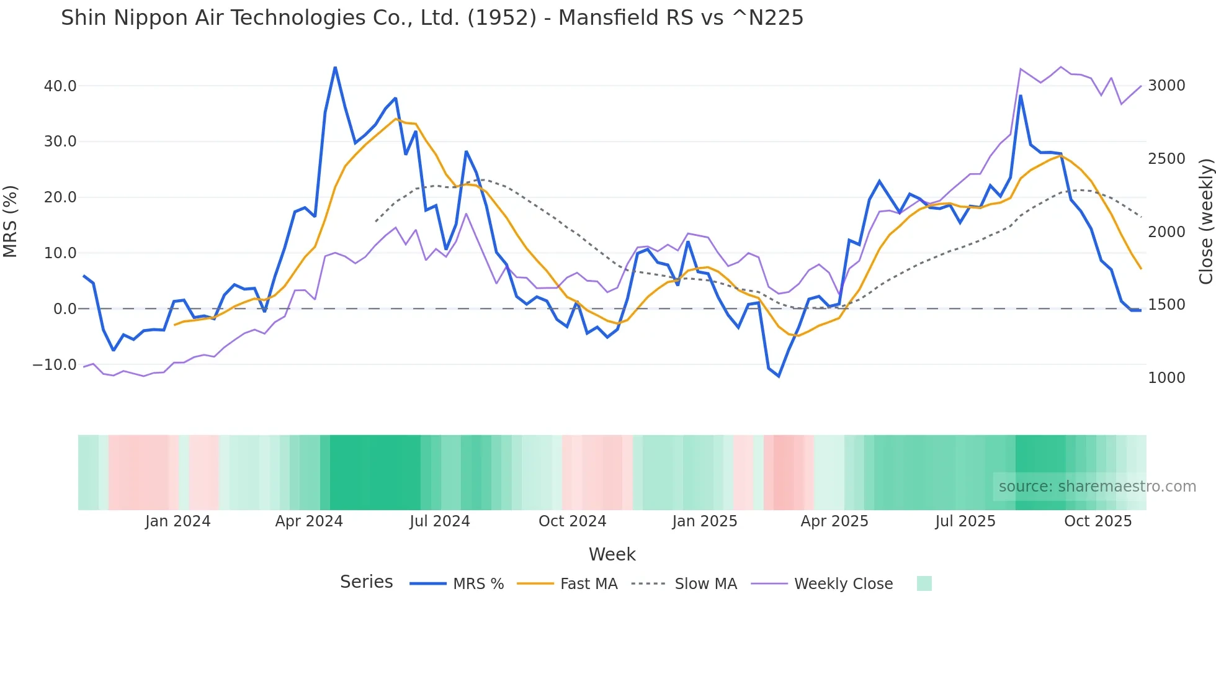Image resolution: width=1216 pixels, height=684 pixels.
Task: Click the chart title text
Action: click(432, 18)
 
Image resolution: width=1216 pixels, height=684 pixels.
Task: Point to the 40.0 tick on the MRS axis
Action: click(60, 86)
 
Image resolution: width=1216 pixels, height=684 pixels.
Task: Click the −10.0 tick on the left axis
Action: click(55, 365)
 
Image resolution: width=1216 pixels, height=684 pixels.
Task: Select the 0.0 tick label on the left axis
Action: click(65, 309)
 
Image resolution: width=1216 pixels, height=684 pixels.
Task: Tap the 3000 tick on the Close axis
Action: click(1166, 86)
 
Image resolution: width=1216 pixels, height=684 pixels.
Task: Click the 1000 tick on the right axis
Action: click(1166, 378)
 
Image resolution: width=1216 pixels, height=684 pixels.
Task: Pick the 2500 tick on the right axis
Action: click(1166, 159)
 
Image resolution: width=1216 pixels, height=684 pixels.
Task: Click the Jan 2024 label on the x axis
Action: click(177, 521)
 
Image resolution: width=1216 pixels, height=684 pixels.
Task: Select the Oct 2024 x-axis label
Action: click(572, 521)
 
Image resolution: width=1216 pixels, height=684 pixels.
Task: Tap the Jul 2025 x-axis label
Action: click(965, 521)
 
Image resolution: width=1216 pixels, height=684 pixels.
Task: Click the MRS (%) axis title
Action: click(11, 222)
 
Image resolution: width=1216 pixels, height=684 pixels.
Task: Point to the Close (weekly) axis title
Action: click(1205, 222)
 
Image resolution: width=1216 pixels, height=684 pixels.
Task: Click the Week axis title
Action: click(612, 554)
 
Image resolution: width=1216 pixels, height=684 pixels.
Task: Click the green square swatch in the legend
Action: click(924, 583)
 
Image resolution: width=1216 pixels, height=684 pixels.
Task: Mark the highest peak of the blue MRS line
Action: click(335, 68)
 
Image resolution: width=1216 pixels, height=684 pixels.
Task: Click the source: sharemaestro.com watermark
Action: click(1097, 487)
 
